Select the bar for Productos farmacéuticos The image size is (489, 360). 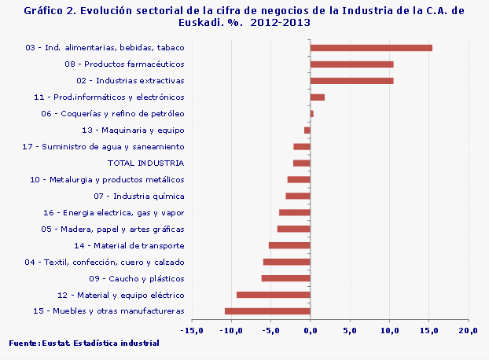(x=351, y=64)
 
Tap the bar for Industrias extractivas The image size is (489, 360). (x=351, y=81)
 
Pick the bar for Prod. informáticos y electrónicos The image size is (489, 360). (x=318, y=97)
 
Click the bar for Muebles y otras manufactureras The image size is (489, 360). (x=267, y=311)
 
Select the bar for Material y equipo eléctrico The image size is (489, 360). (x=274, y=295)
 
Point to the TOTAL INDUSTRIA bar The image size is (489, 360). (x=302, y=163)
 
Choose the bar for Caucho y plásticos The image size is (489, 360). (x=286, y=278)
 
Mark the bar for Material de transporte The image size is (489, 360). (x=289, y=245)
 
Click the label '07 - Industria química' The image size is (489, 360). (x=138, y=196)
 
